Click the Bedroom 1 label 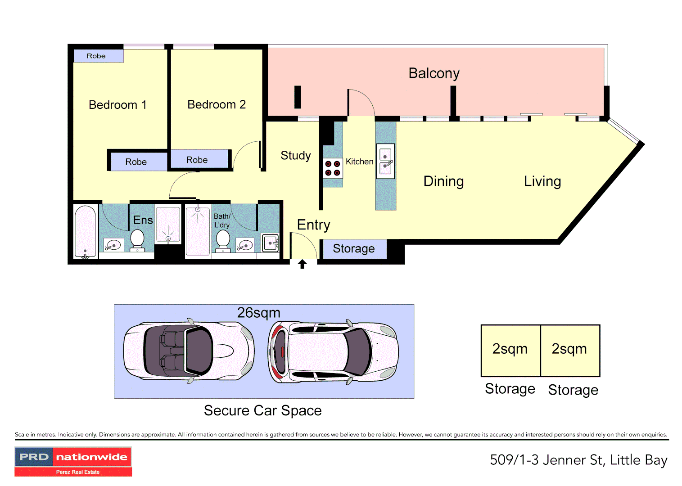118,105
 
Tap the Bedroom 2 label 217,105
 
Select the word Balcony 434,74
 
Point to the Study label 296,156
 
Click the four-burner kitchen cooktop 333,168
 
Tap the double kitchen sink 385,161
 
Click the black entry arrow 302,264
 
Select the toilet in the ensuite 137,241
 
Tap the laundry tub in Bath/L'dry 270,243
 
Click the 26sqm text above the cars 258,313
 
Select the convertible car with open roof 189,351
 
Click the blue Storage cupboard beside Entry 355,249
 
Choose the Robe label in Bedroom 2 197,160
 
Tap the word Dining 443,181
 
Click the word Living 542,181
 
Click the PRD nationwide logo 73,461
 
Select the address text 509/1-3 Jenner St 547,460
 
